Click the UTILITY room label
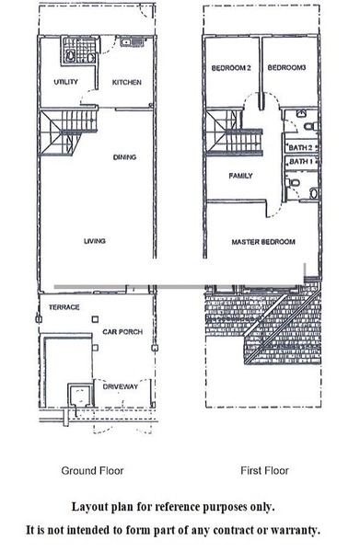pyautogui.click(x=66, y=82)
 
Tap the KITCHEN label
pyautogui.click(x=127, y=83)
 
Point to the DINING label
pyautogui.click(x=124, y=157)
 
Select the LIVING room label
pyautogui.click(x=95, y=241)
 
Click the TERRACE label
pyautogui.click(x=64, y=307)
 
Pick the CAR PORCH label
pyautogui.click(x=122, y=331)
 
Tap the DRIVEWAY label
pyautogui.click(x=121, y=386)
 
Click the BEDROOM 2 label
pyautogui.click(x=231, y=68)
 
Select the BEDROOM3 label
pyautogui.click(x=286, y=67)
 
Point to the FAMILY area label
pyautogui.click(x=240, y=176)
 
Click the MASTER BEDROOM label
pyautogui.click(x=263, y=242)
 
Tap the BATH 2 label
pyautogui.click(x=300, y=148)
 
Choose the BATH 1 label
pyautogui.click(x=301, y=162)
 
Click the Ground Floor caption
pyautogui.click(x=92, y=471)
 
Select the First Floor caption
pyautogui.click(x=264, y=470)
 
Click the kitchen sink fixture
pyautogui.click(x=132, y=42)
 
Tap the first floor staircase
pyautogui.click(x=234, y=132)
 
